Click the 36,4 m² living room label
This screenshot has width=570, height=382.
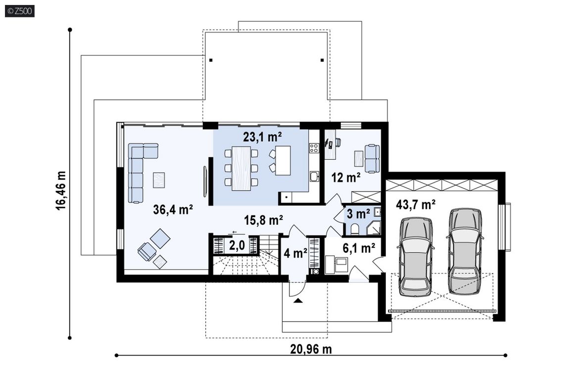coord(173,209)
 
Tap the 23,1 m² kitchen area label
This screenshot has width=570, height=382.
coord(262,137)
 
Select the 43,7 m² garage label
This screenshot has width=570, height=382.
coord(416,204)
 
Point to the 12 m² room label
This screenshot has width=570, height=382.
coord(346,177)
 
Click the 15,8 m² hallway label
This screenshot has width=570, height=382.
coord(264,220)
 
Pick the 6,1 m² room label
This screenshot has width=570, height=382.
coord(359,248)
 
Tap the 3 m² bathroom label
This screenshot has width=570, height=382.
coord(358,213)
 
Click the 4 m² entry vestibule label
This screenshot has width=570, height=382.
coord(295,253)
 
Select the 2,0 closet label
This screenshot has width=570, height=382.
coord(237,245)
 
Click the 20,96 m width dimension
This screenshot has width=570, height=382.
coord(311,349)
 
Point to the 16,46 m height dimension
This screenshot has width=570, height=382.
coord(61,190)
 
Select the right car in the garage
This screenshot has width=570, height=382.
coord(465,251)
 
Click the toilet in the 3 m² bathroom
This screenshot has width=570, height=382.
coord(355,229)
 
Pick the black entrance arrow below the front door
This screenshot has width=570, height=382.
coord(298,300)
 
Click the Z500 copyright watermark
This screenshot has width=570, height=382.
coord(20,11)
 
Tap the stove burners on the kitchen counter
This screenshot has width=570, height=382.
coord(314,148)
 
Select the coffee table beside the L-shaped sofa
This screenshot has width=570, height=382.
coord(159,180)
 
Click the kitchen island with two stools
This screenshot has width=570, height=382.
coord(283,160)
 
